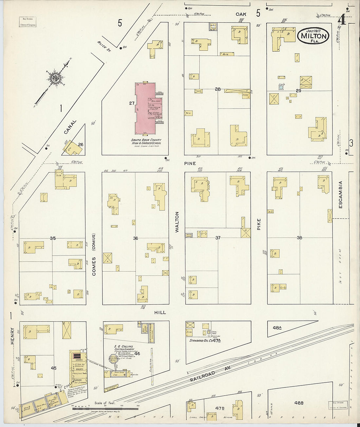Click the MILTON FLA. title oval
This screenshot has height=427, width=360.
(313, 35)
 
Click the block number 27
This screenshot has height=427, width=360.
(132, 103)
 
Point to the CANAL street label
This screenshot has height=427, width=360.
(70, 127)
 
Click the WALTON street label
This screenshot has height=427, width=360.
(177, 222)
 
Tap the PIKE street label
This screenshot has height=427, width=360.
(259, 224)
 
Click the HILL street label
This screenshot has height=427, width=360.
(160, 312)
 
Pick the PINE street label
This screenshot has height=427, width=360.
(190, 163)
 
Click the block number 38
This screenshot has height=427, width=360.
(299, 238)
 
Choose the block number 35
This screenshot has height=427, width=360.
(53, 238)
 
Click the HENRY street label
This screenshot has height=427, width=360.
(12, 336)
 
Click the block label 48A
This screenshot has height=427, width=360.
(277, 327)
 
